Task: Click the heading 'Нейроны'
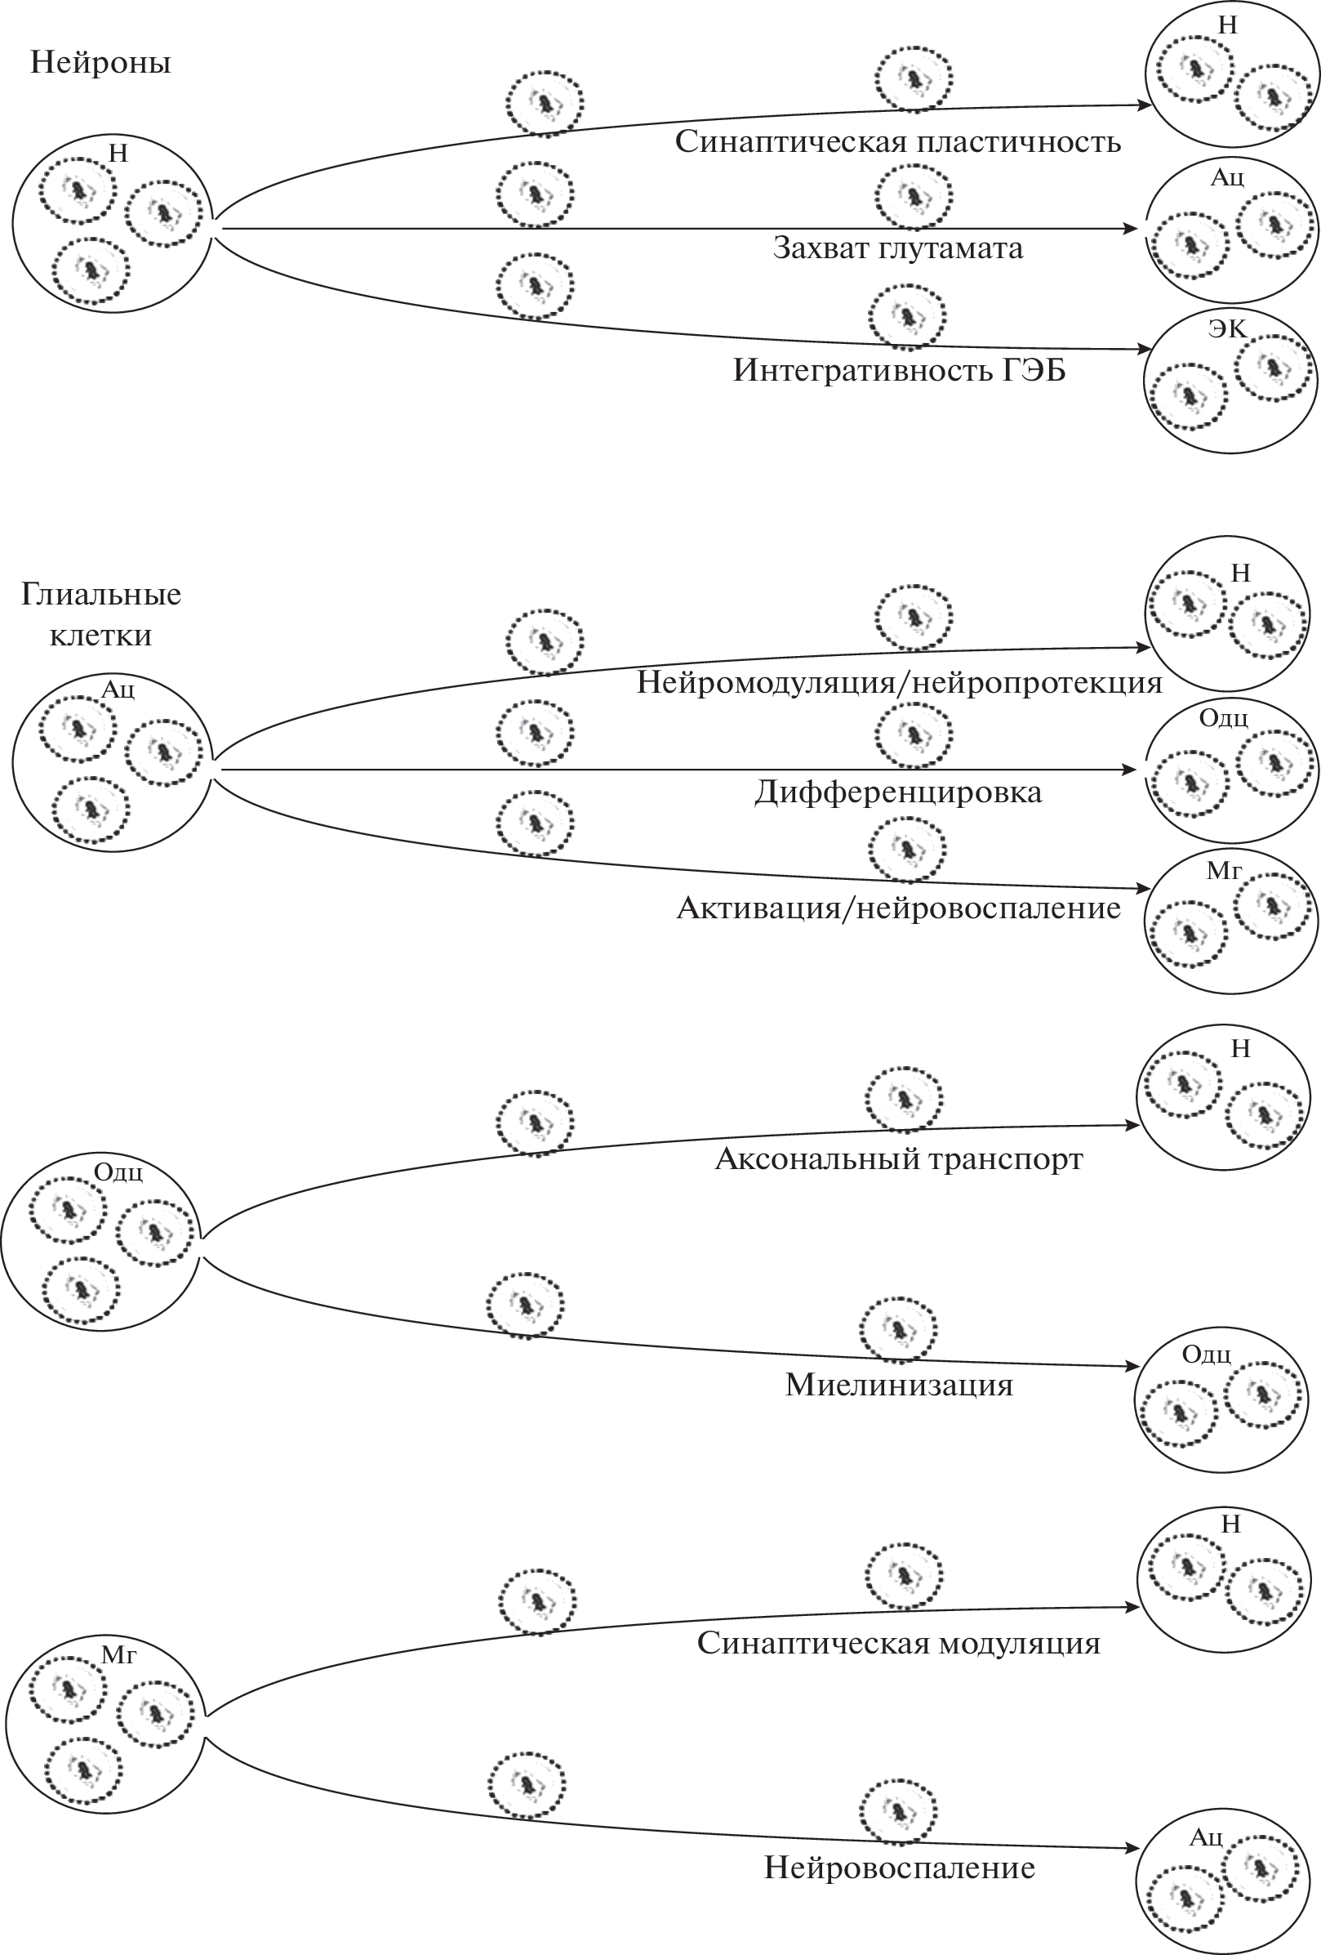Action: pos(101,63)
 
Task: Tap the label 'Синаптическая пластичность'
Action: pos(897,141)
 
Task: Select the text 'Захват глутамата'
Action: pos(897,248)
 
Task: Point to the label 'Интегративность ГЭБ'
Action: pos(899,370)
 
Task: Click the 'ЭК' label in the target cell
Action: pos(1228,328)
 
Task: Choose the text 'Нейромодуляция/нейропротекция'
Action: pos(899,682)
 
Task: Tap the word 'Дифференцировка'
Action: pos(897,792)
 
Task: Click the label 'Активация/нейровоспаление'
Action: pos(898,908)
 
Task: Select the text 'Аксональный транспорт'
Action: pos(898,1159)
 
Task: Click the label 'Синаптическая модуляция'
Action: pos(898,1643)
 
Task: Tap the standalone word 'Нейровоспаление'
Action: pos(898,1868)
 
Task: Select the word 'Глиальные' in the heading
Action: pos(101,594)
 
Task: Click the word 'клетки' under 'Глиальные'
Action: pos(101,634)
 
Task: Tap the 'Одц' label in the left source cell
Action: pos(118,1172)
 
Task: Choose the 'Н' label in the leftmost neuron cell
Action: pos(118,153)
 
